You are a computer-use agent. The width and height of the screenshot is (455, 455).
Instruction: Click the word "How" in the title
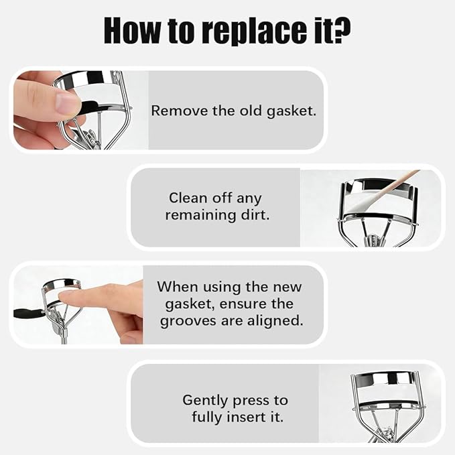[132, 30]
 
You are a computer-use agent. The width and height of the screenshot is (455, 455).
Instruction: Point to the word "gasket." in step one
[291, 112]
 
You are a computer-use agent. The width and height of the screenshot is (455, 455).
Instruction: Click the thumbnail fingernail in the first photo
[67, 103]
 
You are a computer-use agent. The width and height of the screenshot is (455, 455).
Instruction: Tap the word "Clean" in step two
[188, 198]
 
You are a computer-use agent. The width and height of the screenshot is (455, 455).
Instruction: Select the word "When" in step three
[178, 287]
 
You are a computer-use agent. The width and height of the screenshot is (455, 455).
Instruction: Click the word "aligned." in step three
[275, 321]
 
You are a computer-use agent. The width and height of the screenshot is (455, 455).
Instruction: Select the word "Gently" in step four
[205, 401]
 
